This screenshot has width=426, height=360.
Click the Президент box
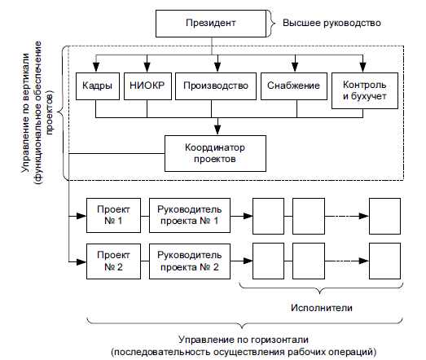point(211,24)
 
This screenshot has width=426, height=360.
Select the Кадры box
point(98,86)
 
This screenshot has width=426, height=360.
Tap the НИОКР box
point(147,86)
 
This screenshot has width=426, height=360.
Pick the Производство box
point(216,86)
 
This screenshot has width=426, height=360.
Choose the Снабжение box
point(294,86)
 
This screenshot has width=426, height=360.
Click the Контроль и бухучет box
point(365,90)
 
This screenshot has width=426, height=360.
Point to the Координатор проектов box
point(215,153)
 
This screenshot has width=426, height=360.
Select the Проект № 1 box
point(113,216)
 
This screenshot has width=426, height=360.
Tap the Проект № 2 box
point(113,261)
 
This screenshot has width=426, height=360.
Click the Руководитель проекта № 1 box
point(190,216)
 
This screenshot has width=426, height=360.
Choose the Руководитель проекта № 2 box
point(190,261)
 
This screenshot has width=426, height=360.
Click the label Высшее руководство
point(332,23)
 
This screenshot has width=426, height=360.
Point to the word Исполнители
point(322,308)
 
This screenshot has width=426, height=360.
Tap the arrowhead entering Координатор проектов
point(217,130)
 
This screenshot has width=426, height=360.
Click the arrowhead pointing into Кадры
point(96,68)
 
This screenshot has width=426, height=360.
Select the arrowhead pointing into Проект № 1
point(81,217)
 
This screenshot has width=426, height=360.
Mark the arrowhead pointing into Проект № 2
point(81,262)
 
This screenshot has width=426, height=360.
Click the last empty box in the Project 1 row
point(384,217)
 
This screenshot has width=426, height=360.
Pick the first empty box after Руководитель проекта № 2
point(269,261)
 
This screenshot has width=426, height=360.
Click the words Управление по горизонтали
point(244,340)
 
